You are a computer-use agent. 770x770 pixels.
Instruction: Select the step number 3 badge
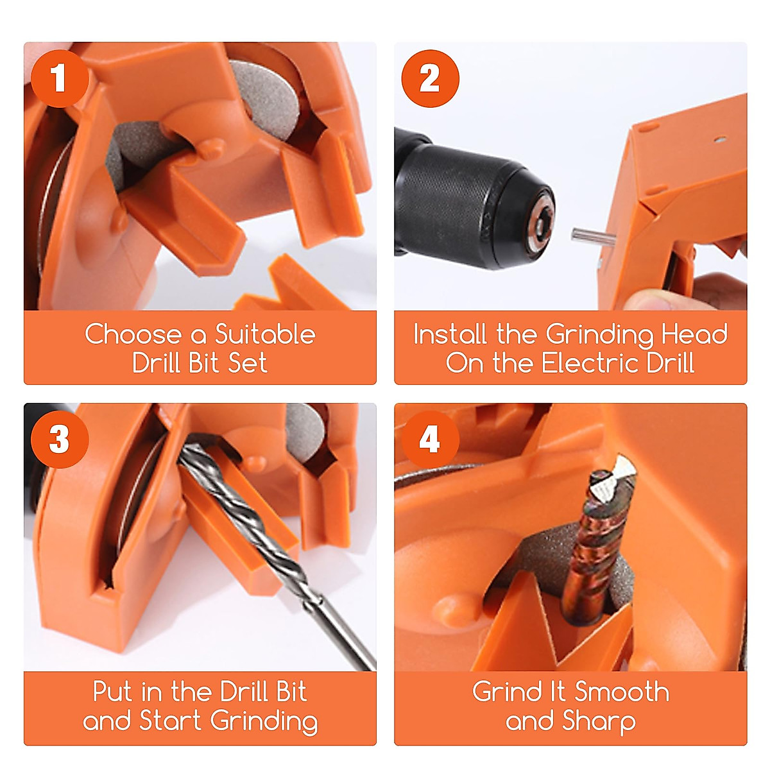tap(60, 439)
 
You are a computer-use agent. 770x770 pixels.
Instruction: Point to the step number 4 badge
tap(430, 439)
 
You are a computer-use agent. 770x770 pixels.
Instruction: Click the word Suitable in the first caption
tap(265, 334)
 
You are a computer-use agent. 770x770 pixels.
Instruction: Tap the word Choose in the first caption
tap(133, 334)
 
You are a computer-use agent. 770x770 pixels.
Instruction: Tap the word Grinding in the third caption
tap(264, 721)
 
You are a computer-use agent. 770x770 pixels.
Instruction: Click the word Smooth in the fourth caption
tap(622, 692)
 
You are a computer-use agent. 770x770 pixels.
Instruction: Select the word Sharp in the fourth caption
tap(598, 721)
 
